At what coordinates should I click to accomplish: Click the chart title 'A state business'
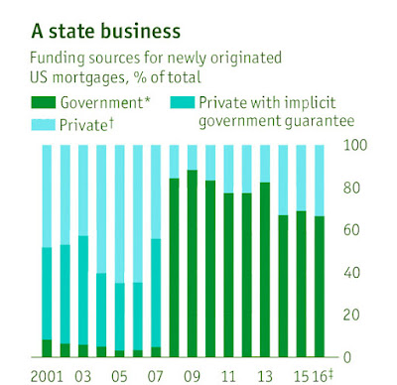[x=106, y=32]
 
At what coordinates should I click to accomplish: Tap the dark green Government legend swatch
[x=43, y=102]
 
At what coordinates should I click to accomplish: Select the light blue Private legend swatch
[x=43, y=125]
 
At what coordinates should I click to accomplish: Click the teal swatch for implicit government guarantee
[x=183, y=102]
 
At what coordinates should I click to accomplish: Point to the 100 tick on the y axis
[x=355, y=145]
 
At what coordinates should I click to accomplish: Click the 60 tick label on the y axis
[x=351, y=230]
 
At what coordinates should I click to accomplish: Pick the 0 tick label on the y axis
[x=347, y=357]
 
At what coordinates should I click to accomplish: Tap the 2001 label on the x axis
[x=47, y=376]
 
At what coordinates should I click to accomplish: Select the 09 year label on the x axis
[x=192, y=376]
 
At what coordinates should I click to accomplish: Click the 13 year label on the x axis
[x=265, y=376]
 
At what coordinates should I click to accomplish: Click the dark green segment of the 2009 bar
[x=193, y=264]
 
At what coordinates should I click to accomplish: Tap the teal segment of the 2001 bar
[x=47, y=294]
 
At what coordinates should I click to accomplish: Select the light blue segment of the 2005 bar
[x=119, y=214]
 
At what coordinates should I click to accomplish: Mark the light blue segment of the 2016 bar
[x=320, y=181]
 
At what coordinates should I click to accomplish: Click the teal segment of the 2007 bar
[x=156, y=293]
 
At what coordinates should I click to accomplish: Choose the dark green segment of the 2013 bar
[x=265, y=270]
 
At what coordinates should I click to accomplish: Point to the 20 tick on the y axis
[x=351, y=315]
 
